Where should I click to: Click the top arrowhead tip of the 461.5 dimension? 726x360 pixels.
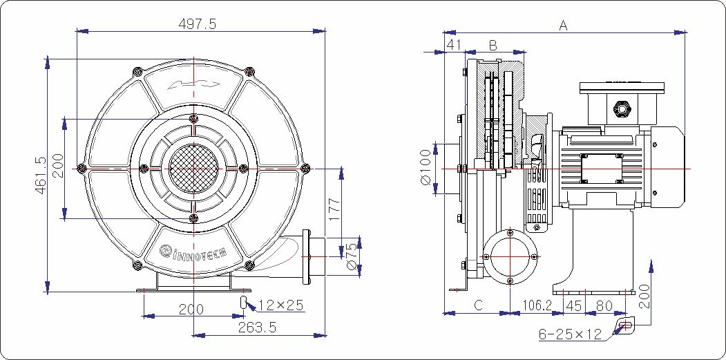[47, 59]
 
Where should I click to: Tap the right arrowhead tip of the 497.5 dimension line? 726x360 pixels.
[325, 31]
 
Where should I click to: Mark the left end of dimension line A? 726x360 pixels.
[444, 32]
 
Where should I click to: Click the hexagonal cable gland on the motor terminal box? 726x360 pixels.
[620, 109]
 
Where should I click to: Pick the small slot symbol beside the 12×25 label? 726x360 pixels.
[243, 302]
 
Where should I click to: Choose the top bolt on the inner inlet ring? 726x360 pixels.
[193, 117]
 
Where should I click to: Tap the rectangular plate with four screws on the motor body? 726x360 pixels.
[601, 168]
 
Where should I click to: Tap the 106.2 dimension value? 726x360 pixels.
[537, 306]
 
